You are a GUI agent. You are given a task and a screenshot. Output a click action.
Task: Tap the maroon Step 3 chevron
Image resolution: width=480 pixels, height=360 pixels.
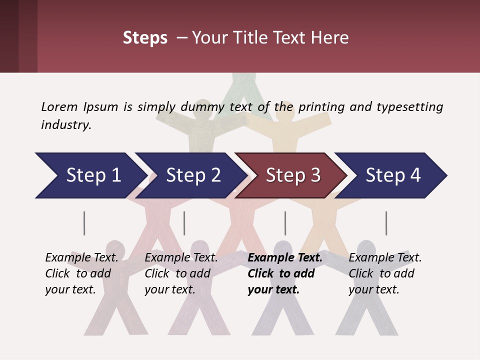coord(293,175)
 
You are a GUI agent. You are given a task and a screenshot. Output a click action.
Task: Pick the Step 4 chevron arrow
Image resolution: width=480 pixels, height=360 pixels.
coord(393,175)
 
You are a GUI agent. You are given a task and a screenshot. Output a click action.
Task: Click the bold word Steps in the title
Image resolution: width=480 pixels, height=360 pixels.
coord(145,38)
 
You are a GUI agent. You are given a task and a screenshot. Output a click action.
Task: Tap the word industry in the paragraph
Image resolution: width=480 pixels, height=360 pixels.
coord(66,124)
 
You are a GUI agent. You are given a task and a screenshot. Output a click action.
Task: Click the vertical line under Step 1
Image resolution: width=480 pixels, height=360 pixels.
coord(84,223)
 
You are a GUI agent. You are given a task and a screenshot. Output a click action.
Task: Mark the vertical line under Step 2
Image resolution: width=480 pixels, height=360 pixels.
coord(184,223)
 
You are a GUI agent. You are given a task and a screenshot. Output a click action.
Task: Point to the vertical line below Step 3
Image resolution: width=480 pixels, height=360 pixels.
coord(285,223)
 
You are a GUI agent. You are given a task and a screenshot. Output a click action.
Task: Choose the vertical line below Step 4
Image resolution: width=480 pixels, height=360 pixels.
coord(386,223)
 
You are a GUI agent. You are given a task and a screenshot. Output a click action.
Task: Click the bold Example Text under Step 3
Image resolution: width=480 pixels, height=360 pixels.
coord(285,257)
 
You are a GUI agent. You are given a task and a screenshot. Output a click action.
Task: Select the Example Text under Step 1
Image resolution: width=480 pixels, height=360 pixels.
coord(81,257)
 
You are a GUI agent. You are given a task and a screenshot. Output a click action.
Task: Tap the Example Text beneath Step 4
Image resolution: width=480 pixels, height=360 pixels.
coord(385,257)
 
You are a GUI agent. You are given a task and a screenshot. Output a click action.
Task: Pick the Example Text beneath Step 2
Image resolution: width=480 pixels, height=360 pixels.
coord(181,257)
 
